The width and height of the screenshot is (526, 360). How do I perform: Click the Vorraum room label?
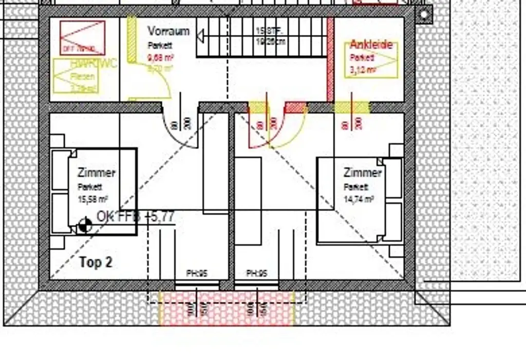click(168, 31)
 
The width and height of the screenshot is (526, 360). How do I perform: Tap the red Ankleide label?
click(371, 45)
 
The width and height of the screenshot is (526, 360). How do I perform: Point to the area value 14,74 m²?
click(359, 198)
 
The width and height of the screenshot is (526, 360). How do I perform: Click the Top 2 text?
click(96, 262)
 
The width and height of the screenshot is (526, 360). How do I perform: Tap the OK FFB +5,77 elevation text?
click(136, 218)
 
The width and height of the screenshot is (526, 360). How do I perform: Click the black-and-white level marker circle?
click(85, 225)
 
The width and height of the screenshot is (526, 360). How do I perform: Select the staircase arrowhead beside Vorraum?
click(200, 36)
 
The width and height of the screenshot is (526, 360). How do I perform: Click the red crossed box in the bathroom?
click(82, 37)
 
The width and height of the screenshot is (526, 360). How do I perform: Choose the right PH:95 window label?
click(257, 274)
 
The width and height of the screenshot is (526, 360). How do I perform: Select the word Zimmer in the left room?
click(97, 173)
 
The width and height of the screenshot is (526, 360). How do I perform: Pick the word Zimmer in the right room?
click(363, 173)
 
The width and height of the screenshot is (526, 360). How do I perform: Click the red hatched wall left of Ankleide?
click(330, 59)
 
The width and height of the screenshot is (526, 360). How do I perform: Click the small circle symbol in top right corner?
click(423, 15)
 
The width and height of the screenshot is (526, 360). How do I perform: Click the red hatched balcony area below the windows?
click(226, 308)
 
